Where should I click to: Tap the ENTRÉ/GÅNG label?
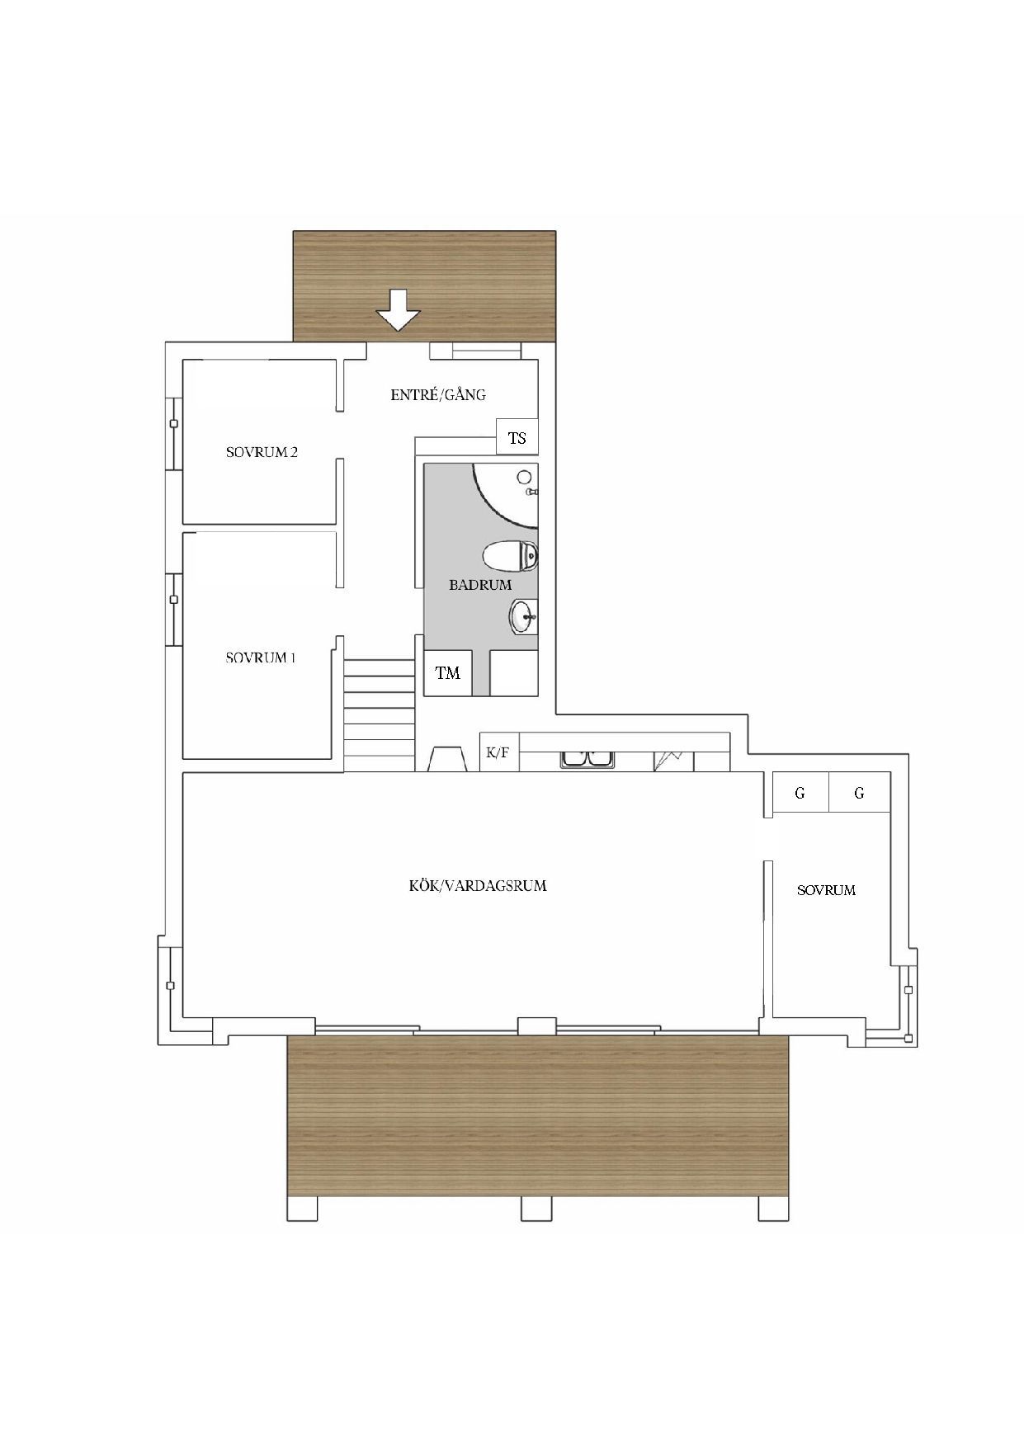click(x=438, y=394)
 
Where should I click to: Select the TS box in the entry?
click(x=517, y=437)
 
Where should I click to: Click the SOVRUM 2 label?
click(x=262, y=452)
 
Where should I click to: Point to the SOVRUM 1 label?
click(x=261, y=658)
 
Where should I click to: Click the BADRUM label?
click(x=480, y=585)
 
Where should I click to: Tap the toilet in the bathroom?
click(x=510, y=557)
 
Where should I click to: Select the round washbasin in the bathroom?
click(x=523, y=617)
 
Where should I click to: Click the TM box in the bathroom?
click(x=448, y=673)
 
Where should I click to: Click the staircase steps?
click(x=379, y=714)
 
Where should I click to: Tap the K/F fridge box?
click(x=499, y=752)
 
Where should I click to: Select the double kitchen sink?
click(x=587, y=759)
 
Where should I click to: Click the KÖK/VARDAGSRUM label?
click(x=478, y=886)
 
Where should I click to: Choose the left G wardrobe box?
click(x=800, y=793)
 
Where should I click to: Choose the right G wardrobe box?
click(x=860, y=793)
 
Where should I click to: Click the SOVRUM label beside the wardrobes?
click(x=826, y=890)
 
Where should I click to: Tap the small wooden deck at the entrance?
click(x=425, y=285)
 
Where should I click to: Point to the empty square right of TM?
click(x=514, y=673)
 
